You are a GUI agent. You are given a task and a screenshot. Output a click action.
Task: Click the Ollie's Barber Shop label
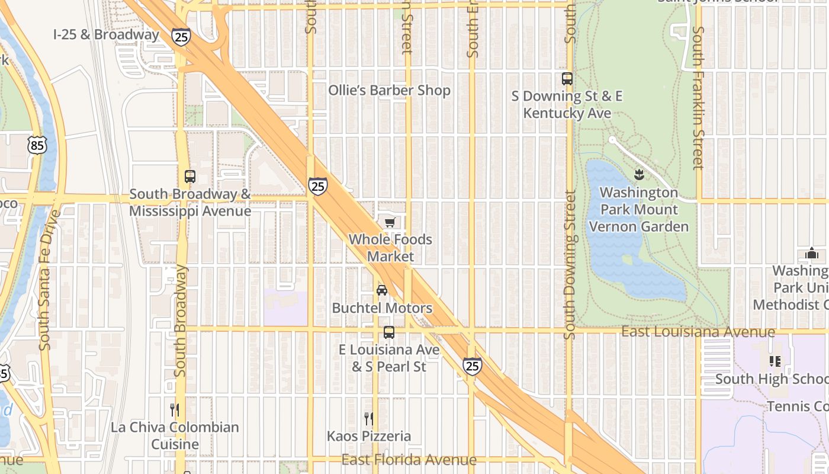390,91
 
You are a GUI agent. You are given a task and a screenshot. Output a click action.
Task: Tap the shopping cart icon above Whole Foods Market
390,223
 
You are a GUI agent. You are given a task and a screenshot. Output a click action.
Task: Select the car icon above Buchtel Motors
382,290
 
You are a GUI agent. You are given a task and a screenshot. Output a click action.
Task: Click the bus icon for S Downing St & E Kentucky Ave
567,78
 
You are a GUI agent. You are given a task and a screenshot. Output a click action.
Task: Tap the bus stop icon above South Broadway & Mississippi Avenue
189,177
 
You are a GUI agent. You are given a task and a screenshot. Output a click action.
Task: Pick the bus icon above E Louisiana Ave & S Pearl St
389,332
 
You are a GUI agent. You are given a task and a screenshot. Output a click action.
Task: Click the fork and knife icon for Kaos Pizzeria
368,419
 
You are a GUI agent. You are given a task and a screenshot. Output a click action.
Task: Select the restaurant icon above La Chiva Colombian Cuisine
175,409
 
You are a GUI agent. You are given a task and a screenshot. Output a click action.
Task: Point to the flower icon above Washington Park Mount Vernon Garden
639,175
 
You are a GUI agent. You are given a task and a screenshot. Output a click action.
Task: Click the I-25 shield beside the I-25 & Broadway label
182,37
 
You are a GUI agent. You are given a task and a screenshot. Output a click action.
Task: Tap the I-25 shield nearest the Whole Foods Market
318,186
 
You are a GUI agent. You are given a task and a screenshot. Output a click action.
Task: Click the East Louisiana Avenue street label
698,332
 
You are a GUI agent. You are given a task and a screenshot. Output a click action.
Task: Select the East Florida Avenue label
409,460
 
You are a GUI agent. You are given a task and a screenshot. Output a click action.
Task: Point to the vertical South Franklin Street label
698,98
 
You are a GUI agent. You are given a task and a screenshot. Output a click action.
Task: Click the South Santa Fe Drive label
44,278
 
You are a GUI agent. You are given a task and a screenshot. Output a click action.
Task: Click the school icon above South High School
775,361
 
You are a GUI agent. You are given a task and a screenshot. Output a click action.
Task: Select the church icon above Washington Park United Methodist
811,254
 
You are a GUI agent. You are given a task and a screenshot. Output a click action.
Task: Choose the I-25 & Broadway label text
107,34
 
